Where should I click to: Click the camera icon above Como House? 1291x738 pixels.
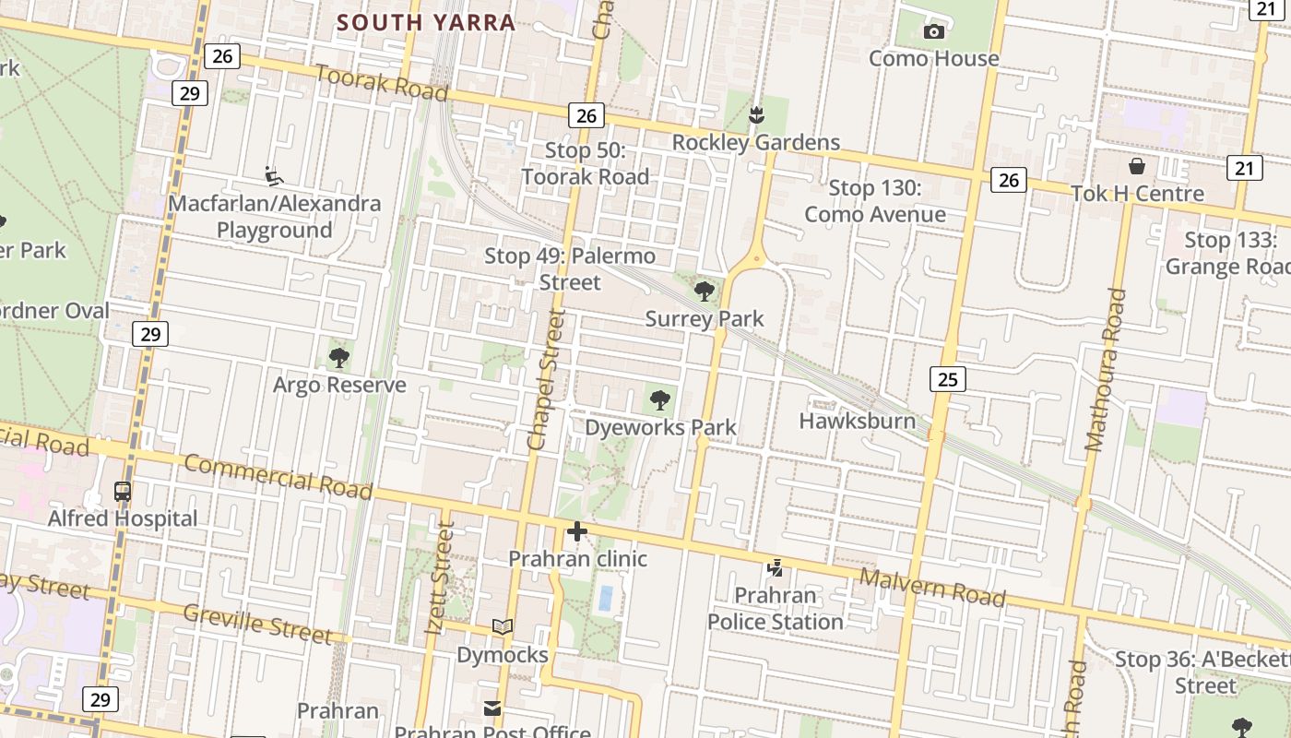pyautogui.click(x=933, y=32)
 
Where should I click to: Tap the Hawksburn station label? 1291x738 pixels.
pyautogui.click(x=858, y=422)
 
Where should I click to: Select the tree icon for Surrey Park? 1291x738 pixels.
pyautogui.click(x=705, y=292)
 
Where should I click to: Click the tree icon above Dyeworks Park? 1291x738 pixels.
pyautogui.click(x=659, y=399)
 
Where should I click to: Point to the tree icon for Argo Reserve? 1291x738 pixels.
pyautogui.click(x=339, y=357)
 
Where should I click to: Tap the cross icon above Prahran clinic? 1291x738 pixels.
pyautogui.click(x=577, y=531)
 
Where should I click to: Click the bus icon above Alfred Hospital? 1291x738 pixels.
pyautogui.click(x=123, y=492)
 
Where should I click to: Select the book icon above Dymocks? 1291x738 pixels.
pyautogui.click(x=503, y=627)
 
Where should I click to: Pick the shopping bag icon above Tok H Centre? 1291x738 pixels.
pyautogui.click(x=1137, y=166)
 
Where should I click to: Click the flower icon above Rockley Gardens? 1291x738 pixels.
pyautogui.click(x=756, y=115)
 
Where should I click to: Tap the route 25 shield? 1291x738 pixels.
pyautogui.click(x=947, y=378)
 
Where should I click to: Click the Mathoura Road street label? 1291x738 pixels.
pyautogui.click(x=1106, y=369)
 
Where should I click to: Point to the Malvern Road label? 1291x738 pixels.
pyautogui.click(x=931, y=588)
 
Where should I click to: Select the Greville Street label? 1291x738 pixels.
pyautogui.click(x=257, y=624)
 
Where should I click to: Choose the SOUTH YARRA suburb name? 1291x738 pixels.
pyautogui.click(x=425, y=22)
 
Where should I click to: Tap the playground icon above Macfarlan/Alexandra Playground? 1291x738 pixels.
pyautogui.click(x=274, y=175)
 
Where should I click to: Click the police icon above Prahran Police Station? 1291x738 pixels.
pyautogui.click(x=775, y=568)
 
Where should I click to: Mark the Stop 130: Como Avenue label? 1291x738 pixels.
pyautogui.click(x=874, y=201)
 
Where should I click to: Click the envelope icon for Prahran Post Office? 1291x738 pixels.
pyautogui.click(x=492, y=708)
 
